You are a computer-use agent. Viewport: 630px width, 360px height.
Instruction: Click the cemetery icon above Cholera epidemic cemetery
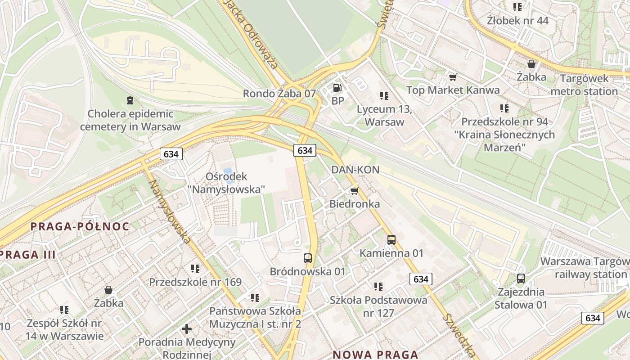[x=130, y=100]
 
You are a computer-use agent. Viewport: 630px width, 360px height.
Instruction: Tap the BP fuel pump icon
[x=337, y=88]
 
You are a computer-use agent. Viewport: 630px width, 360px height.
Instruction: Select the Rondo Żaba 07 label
[x=279, y=94]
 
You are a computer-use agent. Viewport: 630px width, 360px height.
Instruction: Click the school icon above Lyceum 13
[x=384, y=95]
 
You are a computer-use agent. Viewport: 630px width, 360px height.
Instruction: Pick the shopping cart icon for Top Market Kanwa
[x=453, y=77]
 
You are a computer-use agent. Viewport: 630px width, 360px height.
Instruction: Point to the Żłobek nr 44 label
[x=517, y=20]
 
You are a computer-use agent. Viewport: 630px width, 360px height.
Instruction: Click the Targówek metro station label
[x=584, y=85]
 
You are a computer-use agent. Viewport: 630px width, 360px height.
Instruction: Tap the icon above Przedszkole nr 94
[x=504, y=108]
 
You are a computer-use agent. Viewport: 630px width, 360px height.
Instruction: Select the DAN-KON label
[x=355, y=170]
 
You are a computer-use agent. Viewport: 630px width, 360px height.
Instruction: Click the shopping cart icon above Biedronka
[x=354, y=191]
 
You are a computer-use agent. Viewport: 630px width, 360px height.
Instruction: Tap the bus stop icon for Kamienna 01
[x=391, y=240]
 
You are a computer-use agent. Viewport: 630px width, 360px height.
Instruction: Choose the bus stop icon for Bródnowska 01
[x=308, y=258]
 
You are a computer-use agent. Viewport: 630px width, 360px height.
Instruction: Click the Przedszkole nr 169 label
[x=195, y=282]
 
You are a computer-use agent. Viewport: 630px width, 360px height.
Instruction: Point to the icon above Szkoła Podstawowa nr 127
[x=378, y=286]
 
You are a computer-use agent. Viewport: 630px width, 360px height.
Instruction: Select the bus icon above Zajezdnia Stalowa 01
[x=521, y=279]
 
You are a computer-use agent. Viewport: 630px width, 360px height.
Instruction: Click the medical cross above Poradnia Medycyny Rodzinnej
[x=187, y=329]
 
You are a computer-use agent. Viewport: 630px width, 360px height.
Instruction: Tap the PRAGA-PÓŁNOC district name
[x=80, y=226]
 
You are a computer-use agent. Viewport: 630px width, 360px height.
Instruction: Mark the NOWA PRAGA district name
[x=375, y=355]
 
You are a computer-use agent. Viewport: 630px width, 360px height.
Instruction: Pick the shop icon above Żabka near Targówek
[x=531, y=64]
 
